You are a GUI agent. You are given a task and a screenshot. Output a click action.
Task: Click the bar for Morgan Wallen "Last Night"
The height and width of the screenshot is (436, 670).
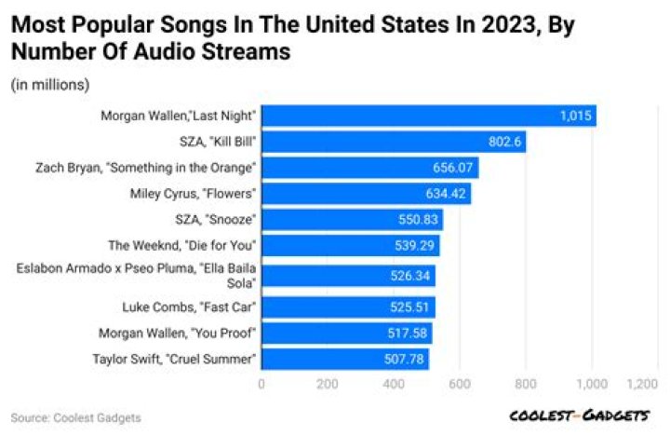(x=428, y=116)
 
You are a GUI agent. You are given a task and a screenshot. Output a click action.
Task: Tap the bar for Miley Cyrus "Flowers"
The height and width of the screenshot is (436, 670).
(x=366, y=194)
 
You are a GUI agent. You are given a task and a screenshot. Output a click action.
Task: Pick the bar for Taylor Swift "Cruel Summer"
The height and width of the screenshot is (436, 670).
(x=344, y=359)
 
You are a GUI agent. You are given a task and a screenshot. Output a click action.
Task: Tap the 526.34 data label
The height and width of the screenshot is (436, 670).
(x=410, y=276)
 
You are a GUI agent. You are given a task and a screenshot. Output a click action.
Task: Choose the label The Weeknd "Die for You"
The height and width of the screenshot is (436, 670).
(x=182, y=246)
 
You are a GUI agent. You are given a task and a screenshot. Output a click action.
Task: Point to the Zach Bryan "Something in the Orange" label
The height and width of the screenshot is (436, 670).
(x=165, y=169)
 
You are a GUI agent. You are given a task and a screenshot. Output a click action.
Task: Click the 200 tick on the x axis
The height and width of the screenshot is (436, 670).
(x=327, y=384)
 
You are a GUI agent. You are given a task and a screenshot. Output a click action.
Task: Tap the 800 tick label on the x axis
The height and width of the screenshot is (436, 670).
(x=526, y=384)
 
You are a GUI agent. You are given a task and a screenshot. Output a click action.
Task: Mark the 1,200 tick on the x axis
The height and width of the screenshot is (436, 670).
(x=643, y=384)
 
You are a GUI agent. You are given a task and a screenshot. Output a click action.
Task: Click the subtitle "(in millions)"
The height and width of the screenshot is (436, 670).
(x=50, y=85)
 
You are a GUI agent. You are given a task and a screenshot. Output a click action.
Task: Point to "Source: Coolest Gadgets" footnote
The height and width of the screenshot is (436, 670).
(x=76, y=418)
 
